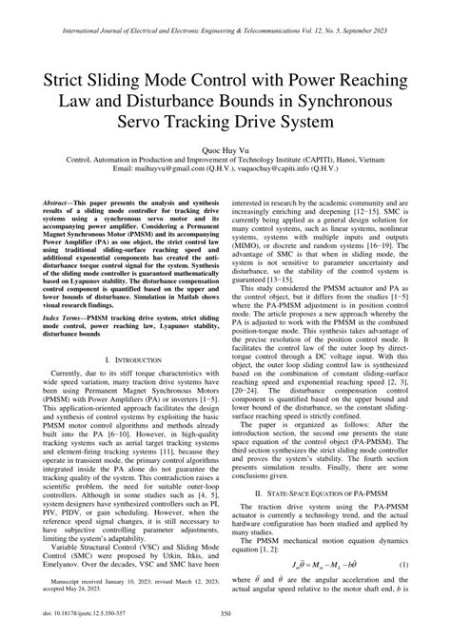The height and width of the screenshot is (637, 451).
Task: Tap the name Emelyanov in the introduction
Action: pos(66,583)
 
